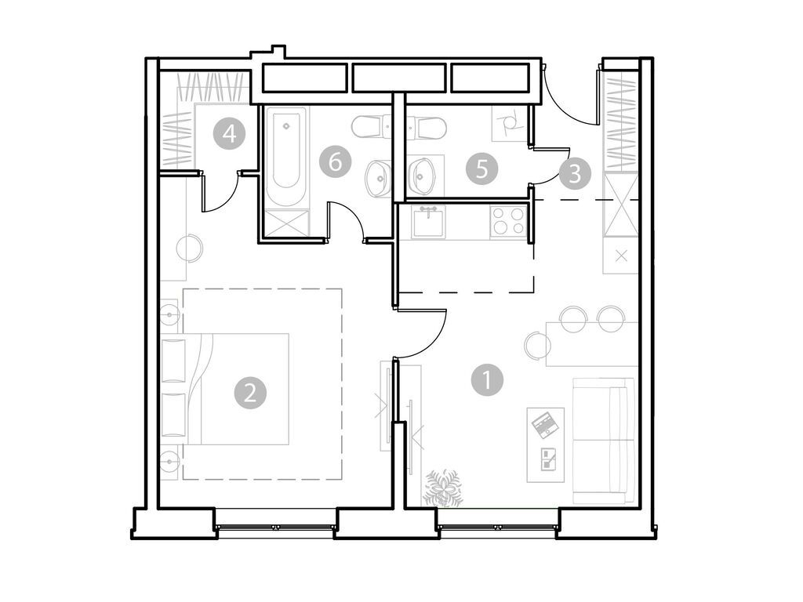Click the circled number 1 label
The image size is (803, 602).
[486, 381]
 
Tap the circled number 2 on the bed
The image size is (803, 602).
[249, 392]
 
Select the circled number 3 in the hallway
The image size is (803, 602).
[574, 172]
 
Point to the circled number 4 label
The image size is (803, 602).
[227, 132]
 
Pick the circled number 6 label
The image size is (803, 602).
[335, 162]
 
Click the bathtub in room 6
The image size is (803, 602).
[285, 157]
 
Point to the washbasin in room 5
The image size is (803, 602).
[425, 176]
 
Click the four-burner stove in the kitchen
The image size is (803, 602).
[507, 220]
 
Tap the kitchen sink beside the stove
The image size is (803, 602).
[428, 221]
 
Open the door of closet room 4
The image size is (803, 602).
[221, 193]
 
